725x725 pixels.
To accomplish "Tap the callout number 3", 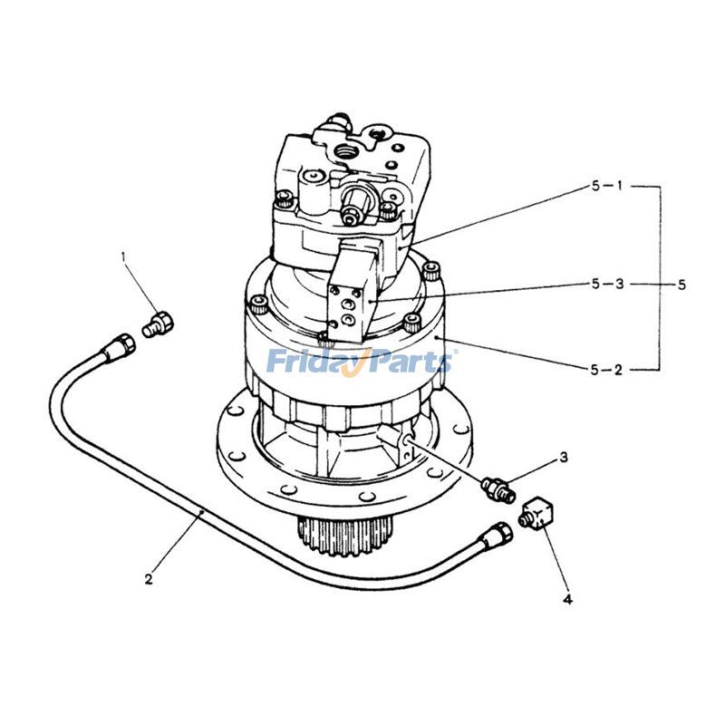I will point(563,458).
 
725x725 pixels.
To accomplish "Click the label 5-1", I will point(606,186).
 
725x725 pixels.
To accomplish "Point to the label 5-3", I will point(606,284).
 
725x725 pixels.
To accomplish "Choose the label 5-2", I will point(606,369).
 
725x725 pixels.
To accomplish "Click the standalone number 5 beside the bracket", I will point(681,284).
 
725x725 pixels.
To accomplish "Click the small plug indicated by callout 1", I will point(158,322).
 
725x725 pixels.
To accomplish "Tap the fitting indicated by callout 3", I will point(499,488).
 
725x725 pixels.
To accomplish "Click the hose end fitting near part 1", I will point(119,345).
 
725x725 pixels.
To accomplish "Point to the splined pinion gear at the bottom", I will point(345,536).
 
